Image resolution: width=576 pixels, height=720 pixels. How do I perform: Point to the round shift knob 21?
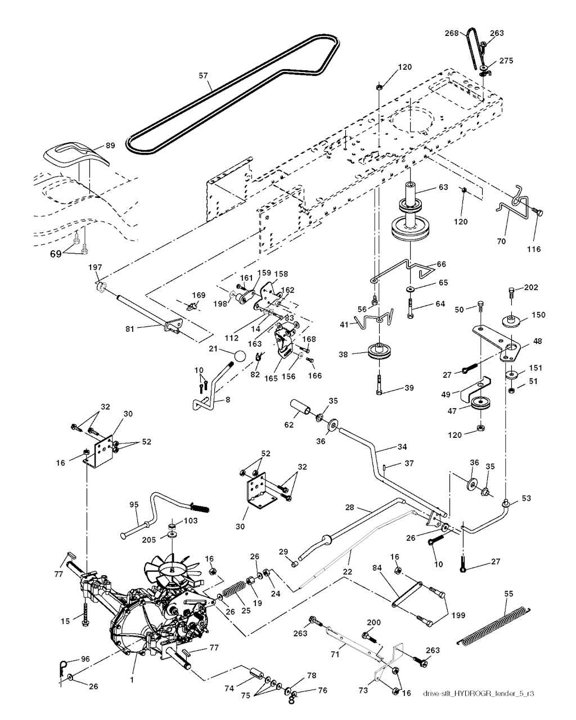(240, 356)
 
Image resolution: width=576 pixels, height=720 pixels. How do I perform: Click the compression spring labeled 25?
(233, 592)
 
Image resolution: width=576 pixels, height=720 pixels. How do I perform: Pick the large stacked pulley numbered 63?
(414, 216)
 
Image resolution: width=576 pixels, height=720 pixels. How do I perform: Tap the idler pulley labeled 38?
(380, 353)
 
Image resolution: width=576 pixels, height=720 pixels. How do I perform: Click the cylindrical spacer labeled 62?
(301, 407)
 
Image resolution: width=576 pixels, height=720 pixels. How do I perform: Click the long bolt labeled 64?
(410, 307)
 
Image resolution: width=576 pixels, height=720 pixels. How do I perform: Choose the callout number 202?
(530, 288)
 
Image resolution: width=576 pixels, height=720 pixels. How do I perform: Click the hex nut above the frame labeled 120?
(380, 87)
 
